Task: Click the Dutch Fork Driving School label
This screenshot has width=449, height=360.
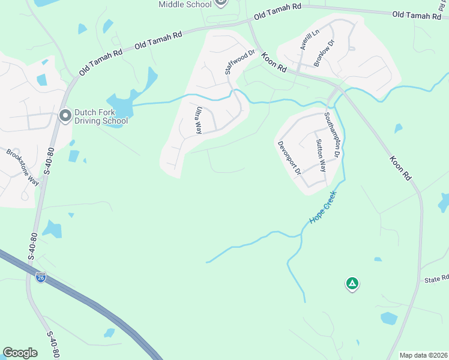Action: [101, 116]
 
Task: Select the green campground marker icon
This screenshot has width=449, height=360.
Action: [352, 283]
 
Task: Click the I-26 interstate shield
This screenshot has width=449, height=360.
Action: [40, 278]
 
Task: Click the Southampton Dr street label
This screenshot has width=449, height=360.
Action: [333, 136]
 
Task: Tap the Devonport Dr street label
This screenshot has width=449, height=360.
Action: [289, 158]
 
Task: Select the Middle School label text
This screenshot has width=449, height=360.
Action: [185, 4]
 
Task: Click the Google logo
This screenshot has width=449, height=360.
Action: [20, 353]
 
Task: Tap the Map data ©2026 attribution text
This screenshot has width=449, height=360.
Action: [424, 355]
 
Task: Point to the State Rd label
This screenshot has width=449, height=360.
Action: [436, 280]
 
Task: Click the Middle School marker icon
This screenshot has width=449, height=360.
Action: [220, 3]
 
